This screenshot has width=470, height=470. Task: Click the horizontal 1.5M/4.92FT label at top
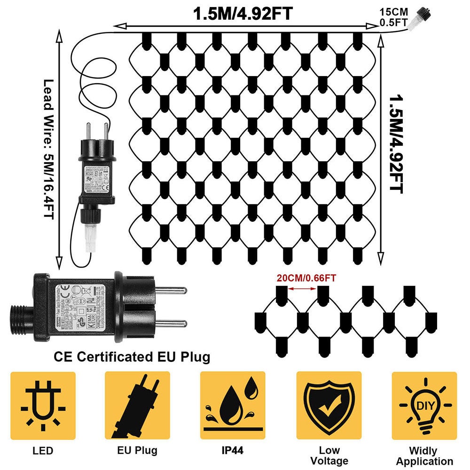tap(243, 14)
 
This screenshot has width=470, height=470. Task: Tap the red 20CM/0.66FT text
tap(306, 278)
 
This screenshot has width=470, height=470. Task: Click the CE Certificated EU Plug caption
tap(132, 357)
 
